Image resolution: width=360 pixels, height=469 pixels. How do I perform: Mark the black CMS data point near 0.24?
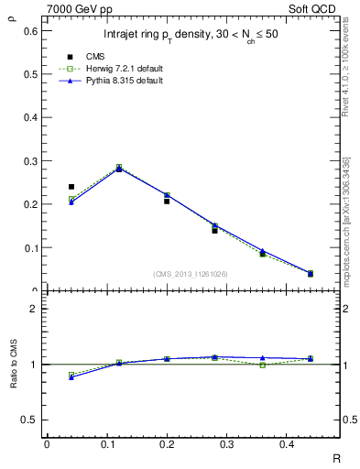(x=71, y=187)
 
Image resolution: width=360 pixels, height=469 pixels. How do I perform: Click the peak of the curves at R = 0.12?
(x=119, y=168)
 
